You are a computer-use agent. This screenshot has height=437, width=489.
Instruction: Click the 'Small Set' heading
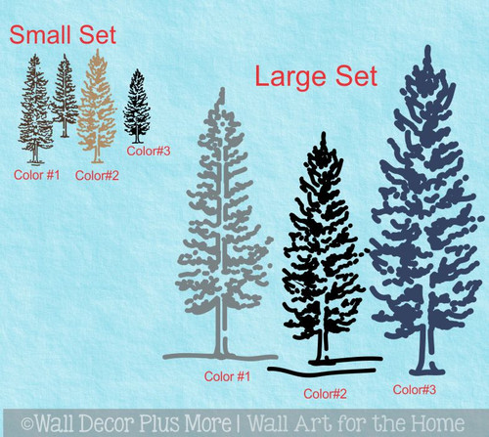coord(63,37)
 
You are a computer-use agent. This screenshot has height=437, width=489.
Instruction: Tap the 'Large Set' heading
coord(303,76)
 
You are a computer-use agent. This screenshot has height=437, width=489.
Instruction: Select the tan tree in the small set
coord(97,108)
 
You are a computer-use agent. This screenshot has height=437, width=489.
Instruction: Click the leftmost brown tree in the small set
coord(35,108)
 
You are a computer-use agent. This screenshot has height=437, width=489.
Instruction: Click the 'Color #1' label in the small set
coord(37,174)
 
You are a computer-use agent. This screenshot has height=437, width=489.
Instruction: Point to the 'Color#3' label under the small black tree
coord(150,151)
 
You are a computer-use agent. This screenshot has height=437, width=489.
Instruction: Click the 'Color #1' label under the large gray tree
coord(227,374)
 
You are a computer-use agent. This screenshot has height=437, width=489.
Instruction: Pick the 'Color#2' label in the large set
coord(326,393)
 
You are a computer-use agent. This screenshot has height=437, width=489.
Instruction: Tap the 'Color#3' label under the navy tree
coord(416,389)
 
